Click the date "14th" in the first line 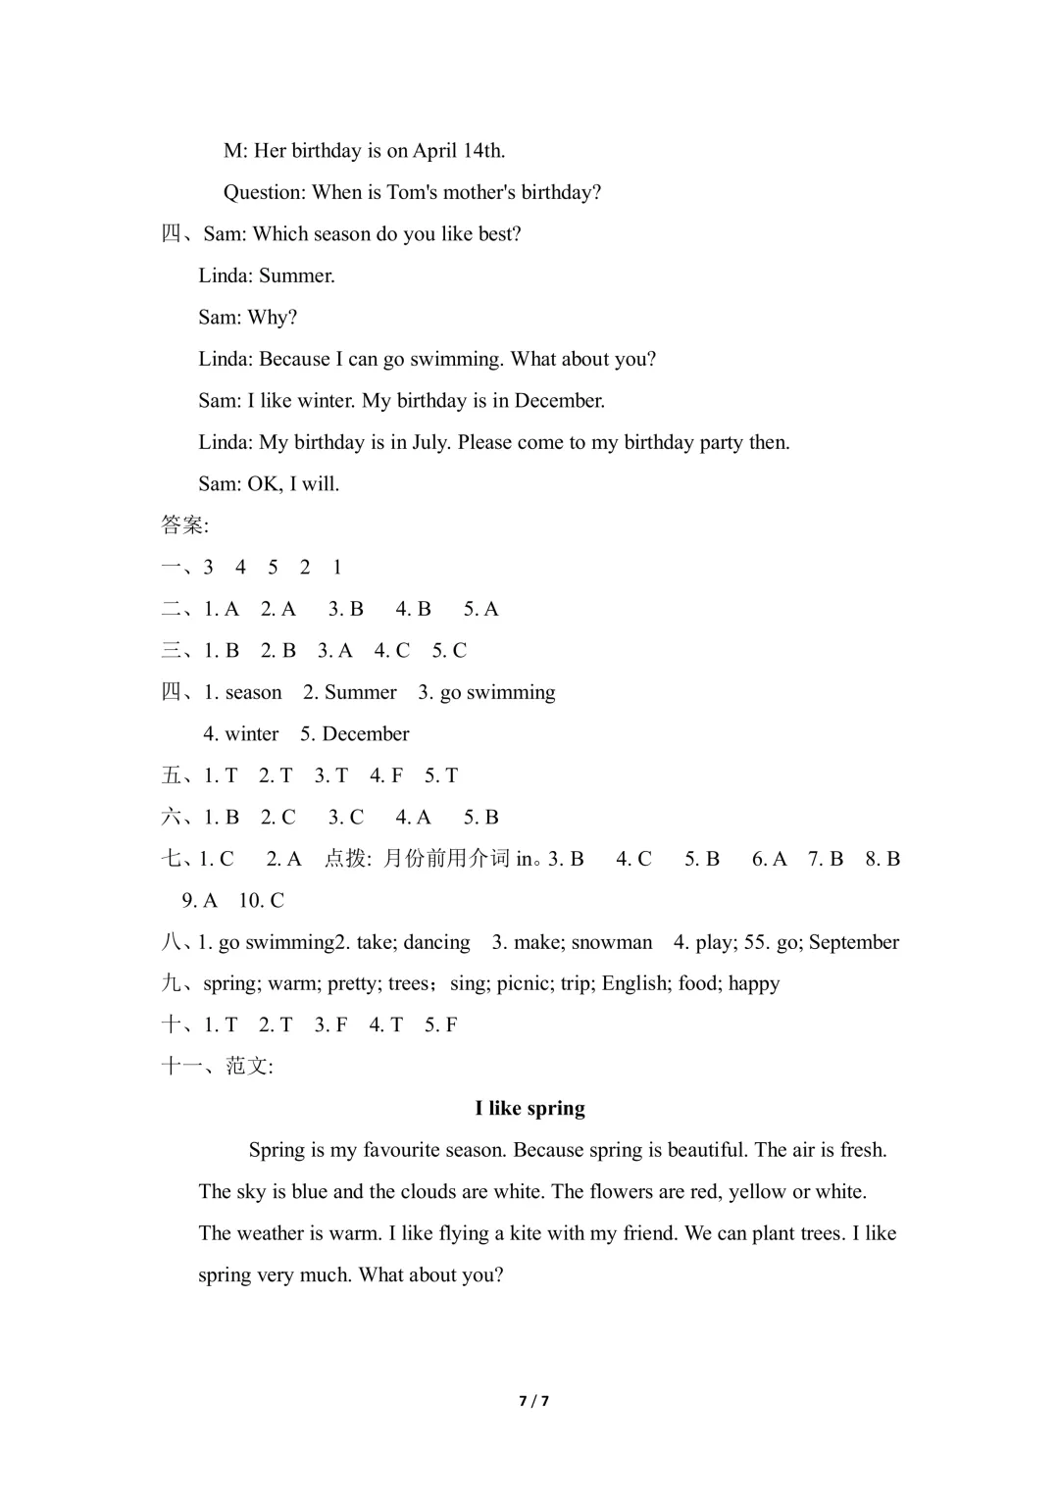(482, 151)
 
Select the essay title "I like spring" (529, 1109)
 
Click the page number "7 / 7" (533, 1401)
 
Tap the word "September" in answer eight (853, 943)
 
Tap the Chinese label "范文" (247, 1067)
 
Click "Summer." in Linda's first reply (297, 276)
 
